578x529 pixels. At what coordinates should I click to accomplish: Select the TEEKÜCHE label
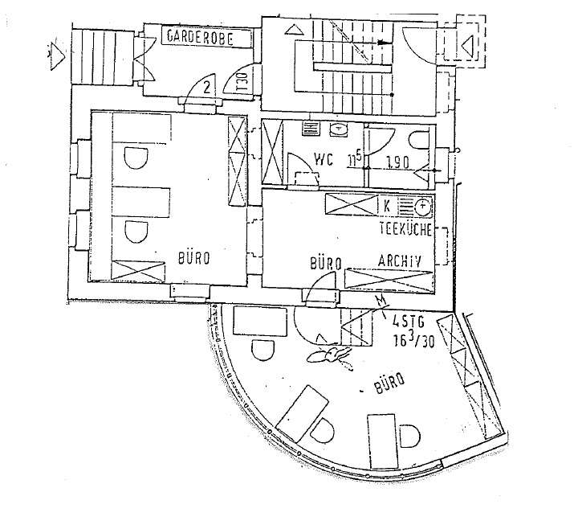[405, 230]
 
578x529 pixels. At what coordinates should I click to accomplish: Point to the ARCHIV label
[401, 260]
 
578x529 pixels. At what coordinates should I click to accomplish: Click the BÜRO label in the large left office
[195, 259]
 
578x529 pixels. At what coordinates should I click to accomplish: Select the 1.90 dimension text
[397, 161]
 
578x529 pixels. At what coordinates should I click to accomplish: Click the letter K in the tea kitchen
[387, 206]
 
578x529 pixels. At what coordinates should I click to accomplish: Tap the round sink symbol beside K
[423, 207]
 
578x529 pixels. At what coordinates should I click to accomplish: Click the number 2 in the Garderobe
[207, 87]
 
